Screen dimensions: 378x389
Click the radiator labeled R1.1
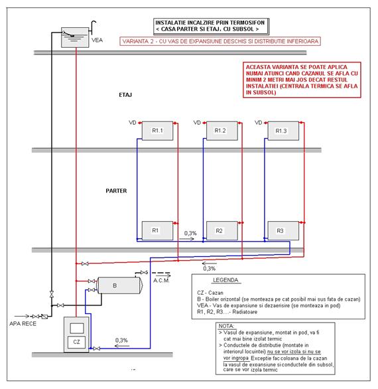[157, 131]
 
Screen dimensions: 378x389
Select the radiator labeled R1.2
[222, 131]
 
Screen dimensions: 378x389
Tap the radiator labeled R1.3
[283, 131]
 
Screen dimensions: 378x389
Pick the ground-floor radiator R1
[157, 231]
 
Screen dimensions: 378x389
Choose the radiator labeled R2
[222, 231]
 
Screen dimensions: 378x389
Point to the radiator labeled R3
[283, 231]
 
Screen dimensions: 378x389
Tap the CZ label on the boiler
[76, 342]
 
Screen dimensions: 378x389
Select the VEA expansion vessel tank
[75, 37]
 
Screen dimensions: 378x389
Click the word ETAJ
[125, 95]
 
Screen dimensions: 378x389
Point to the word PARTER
[116, 191]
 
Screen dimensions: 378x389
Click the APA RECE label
[23, 323]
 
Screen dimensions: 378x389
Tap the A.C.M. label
[161, 280]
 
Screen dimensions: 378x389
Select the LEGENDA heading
[225, 280]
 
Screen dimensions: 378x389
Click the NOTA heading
[226, 326]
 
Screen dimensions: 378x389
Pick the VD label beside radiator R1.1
[133, 123]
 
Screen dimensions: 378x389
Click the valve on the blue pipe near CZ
[97, 349]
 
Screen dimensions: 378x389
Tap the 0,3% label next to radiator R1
[190, 233]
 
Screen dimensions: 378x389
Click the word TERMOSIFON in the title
[249, 23]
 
